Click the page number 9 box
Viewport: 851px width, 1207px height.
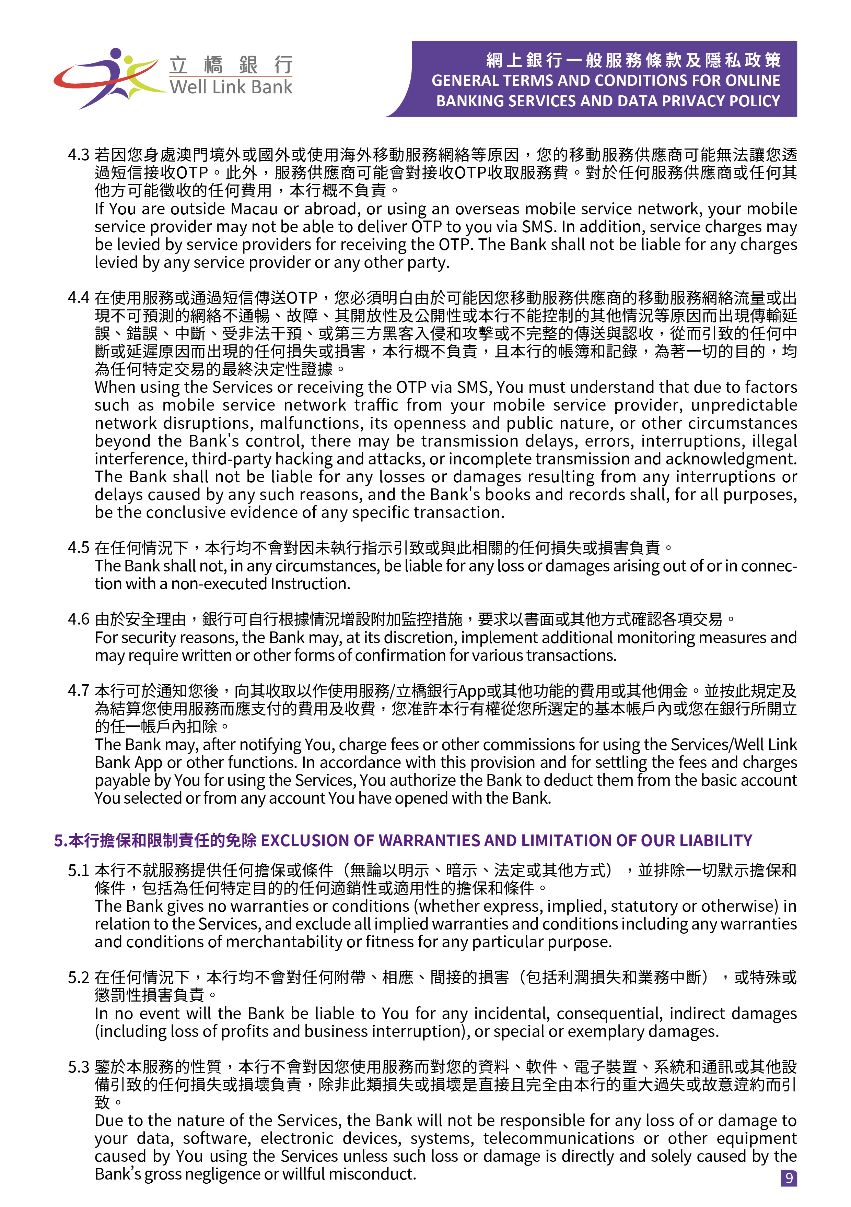coord(789,1178)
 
